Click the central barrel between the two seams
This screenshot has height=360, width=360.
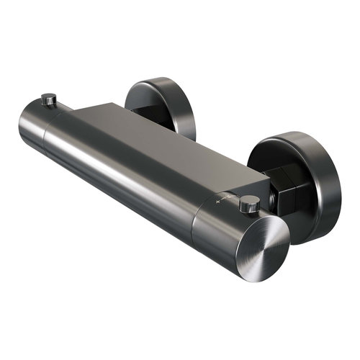point(122,173)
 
